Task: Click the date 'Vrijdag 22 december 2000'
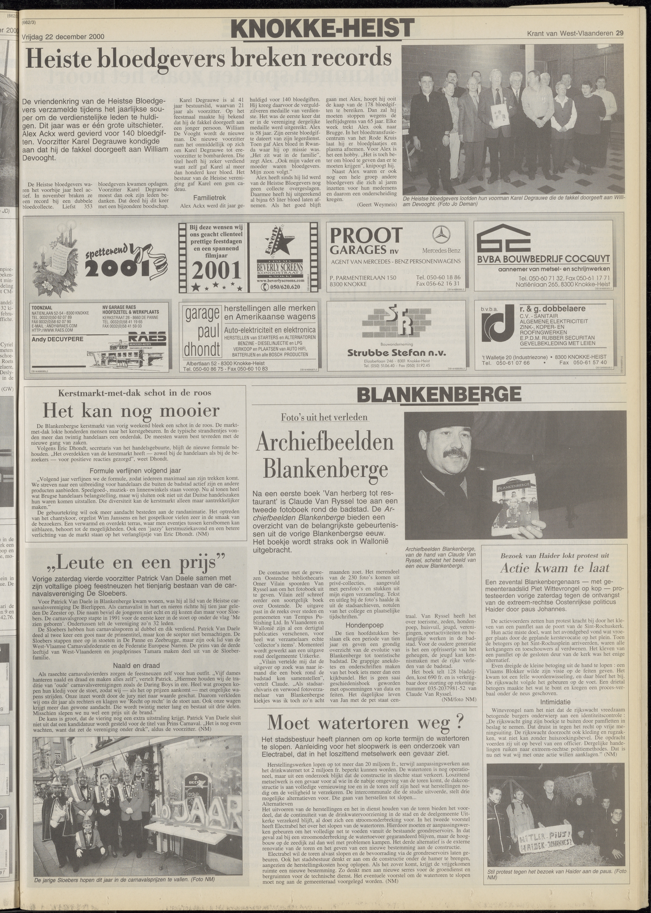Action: [x=63, y=37]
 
